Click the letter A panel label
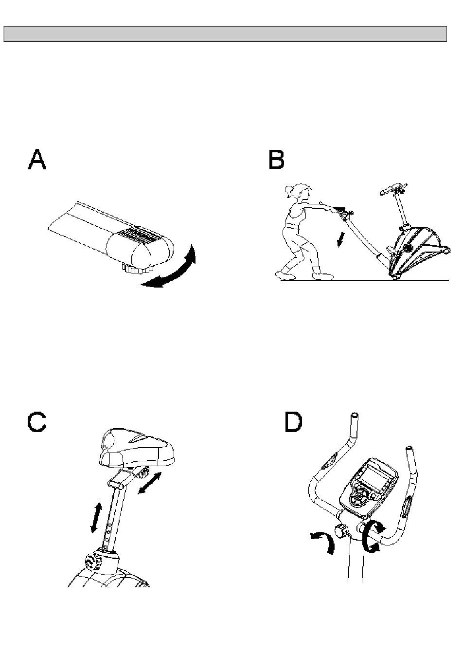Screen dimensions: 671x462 coord(37,160)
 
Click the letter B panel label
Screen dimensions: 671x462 coord(276,160)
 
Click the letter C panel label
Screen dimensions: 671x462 coord(37,422)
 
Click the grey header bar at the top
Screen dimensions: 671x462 coord(225,34)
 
